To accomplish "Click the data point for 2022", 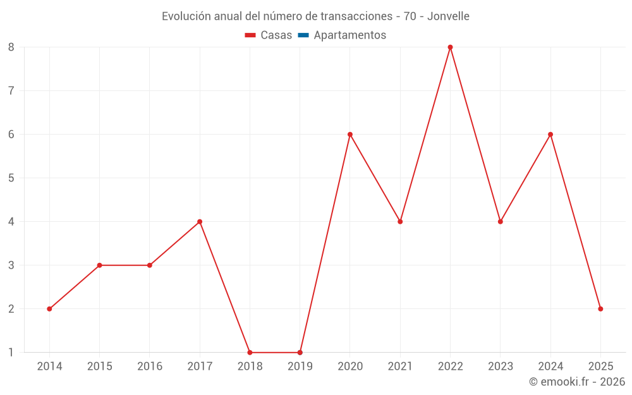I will (450, 47).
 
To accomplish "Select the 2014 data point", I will (49, 309).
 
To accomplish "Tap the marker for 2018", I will (250, 353).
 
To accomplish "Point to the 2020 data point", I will (350, 135).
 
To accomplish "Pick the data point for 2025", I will (600, 309).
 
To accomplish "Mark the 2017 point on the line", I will (200, 222).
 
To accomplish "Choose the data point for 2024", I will (550, 135).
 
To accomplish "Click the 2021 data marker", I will (400, 222).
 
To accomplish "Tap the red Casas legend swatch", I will (250, 35).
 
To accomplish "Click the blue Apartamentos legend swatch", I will (303, 35).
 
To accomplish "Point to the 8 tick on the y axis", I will (11, 47).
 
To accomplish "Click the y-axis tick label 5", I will (11, 178).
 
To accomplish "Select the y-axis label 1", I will (11, 353).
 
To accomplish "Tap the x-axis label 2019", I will (300, 367).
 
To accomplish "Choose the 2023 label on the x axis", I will (500, 367).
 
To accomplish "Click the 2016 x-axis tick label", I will (150, 367).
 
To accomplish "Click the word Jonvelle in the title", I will (448, 16).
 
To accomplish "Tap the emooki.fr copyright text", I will (577, 382).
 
